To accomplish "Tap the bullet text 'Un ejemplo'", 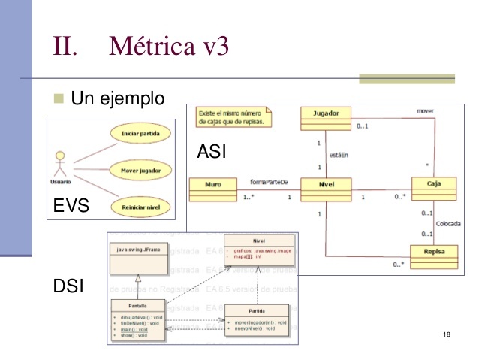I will tap(117, 98).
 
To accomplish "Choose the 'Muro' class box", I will tap(212, 189).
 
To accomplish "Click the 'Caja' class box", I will tap(433, 189).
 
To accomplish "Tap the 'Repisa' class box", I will tap(433, 255).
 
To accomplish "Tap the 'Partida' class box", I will tap(257, 319).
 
